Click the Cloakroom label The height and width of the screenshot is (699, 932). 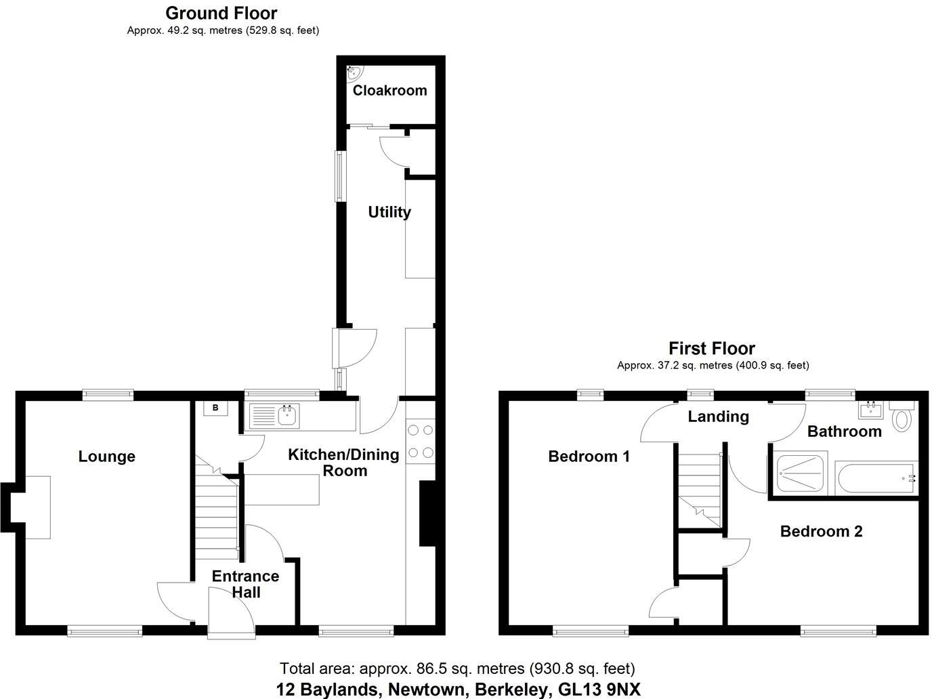(389, 91)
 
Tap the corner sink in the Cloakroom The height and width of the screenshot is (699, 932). (354, 71)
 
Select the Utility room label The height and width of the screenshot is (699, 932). (389, 213)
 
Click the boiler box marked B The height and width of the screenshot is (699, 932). (215, 408)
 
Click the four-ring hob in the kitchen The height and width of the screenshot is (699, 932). (420, 442)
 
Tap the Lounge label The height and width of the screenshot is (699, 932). (106, 457)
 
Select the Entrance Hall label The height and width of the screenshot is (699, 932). (245, 584)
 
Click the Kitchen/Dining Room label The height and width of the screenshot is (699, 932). (344, 462)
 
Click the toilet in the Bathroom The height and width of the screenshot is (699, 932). (902, 418)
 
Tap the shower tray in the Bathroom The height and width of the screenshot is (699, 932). (801, 473)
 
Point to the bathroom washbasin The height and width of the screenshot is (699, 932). (870, 409)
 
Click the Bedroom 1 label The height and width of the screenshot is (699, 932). (589, 457)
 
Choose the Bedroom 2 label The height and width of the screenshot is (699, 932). (821, 532)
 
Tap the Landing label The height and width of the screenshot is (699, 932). (718, 417)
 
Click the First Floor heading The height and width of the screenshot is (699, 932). (711, 349)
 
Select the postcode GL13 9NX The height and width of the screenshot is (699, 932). (599, 690)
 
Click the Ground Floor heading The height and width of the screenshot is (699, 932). (221, 13)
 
